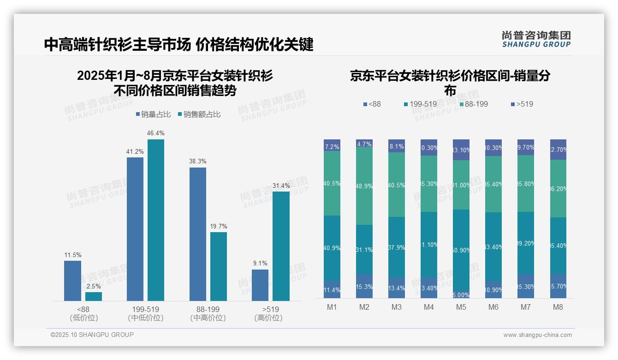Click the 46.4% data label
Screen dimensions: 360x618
(x=155, y=133)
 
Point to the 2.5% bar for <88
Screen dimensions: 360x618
(x=94, y=296)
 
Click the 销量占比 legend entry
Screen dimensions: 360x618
(x=153, y=114)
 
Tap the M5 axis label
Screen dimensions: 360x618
(x=461, y=307)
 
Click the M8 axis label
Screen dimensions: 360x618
(x=558, y=307)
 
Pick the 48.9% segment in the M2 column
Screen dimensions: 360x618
(x=364, y=186)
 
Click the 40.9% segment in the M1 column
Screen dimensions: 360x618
(x=332, y=248)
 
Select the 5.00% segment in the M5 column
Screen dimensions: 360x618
(x=461, y=295)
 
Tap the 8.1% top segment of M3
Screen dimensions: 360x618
(x=397, y=146)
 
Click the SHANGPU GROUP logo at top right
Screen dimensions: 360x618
(x=536, y=39)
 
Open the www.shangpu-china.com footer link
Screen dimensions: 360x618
(x=537, y=335)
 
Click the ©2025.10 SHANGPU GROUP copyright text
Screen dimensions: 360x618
(x=92, y=335)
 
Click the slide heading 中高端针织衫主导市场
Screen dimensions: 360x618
(x=117, y=45)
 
